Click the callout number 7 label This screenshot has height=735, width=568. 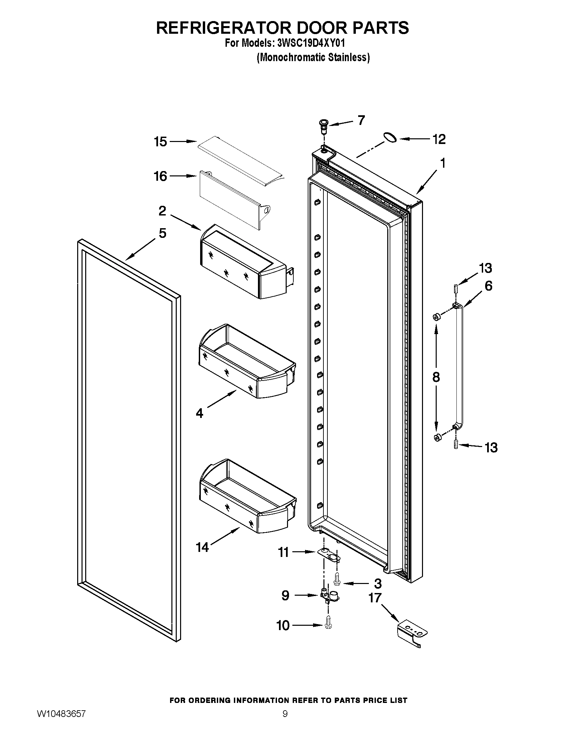(x=361, y=120)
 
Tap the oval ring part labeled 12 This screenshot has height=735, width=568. (x=390, y=138)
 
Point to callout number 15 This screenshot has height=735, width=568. (x=160, y=142)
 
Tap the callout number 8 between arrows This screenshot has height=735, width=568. (x=436, y=377)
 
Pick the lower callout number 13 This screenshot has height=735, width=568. (x=491, y=448)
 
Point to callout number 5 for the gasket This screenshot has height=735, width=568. (x=162, y=233)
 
